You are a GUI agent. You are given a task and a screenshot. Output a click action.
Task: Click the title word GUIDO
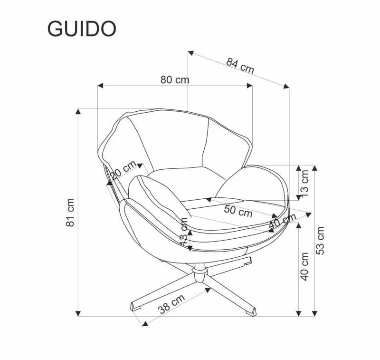(81, 29)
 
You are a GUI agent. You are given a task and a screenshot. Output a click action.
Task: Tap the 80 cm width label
(175, 80)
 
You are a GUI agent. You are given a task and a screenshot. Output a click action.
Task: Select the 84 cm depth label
(240, 65)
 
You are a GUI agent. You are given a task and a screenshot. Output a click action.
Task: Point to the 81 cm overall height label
(70, 212)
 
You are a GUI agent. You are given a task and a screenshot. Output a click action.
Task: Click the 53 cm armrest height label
(321, 240)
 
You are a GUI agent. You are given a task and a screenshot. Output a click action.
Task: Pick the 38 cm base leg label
(171, 304)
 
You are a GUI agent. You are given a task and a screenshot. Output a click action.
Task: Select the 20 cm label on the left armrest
(123, 170)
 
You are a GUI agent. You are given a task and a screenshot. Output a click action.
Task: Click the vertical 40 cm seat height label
(304, 266)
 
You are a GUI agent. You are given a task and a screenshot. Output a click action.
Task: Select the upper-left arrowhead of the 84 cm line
(190, 53)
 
